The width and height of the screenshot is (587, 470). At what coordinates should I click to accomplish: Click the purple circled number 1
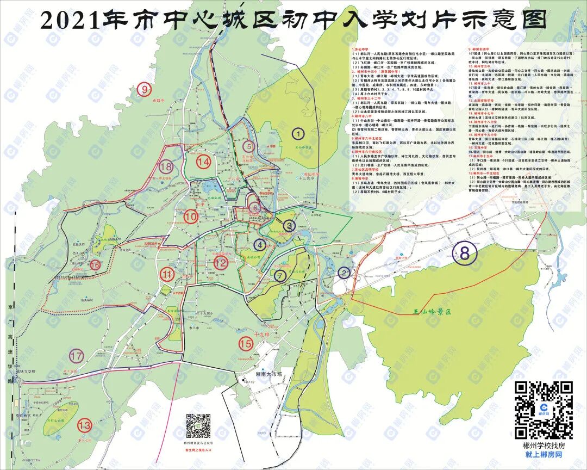pyautogui.click(x=298, y=132)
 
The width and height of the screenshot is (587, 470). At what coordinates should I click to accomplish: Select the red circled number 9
pyautogui.click(x=144, y=90)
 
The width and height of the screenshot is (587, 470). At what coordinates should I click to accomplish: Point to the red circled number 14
pyautogui.click(x=204, y=162)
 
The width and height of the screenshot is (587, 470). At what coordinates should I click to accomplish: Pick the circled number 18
pyautogui.click(x=166, y=166)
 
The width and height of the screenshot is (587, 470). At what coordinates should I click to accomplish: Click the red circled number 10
pyautogui.click(x=190, y=217)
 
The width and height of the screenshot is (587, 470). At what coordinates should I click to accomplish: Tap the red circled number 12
pyautogui.click(x=221, y=263)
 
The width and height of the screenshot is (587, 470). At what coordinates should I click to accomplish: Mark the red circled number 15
pyautogui.click(x=246, y=343)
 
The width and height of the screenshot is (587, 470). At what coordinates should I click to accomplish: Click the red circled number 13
pyautogui.click(x=84, y=425)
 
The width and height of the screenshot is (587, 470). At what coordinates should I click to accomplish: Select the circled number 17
pyautogui.click(x=76, y=356)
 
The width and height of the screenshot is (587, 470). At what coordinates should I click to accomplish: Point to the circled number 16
pyautogui.click(x=96, y=265)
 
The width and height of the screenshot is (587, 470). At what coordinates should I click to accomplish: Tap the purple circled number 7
pyautogui.click(x=280, y=276)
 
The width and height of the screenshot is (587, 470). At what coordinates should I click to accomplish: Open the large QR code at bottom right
pyautogui.click(x=544, y=410)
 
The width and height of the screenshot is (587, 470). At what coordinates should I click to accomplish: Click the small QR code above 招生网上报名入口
pyautogui.click(x=198, y=426)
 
